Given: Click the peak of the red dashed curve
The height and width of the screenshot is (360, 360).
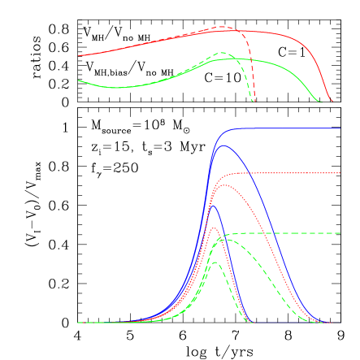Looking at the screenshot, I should [x=223, y=27].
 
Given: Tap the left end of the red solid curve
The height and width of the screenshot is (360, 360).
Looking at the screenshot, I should [x=78, y=56].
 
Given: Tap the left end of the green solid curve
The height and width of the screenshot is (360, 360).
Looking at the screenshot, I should [x=78, y=80].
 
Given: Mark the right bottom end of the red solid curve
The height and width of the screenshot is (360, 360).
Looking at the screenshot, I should [x=332, y=102].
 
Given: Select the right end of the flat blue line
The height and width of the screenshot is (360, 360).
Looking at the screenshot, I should [x=340, y=128].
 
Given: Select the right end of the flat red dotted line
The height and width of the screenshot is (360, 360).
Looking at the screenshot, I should [x=340, y=173].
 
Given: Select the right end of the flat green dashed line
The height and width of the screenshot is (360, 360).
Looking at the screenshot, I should [x=340, y=233].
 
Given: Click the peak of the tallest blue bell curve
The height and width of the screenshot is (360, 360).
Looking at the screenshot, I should [x=223, y=145].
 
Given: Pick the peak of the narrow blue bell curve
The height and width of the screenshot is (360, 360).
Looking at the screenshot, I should [x=213, y=206].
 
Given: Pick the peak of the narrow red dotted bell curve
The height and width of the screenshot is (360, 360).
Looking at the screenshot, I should [x=214, y=228].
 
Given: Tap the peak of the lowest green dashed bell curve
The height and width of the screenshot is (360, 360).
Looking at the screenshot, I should [x=215, y=262].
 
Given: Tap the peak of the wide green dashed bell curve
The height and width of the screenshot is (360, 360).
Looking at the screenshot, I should [x=226, y=239].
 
